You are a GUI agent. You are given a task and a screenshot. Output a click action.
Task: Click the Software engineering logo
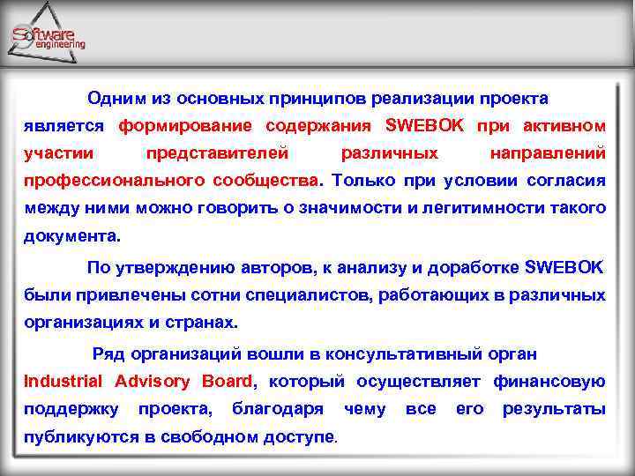49,36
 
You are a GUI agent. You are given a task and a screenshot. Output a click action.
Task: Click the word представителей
217,152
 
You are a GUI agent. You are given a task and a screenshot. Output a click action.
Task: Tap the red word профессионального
114,181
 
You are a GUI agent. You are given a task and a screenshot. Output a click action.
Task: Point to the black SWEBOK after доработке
565,266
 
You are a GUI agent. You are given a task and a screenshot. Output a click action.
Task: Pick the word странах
205,322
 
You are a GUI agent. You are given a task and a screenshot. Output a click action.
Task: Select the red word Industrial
63,381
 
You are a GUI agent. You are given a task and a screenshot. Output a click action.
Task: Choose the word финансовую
549,381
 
